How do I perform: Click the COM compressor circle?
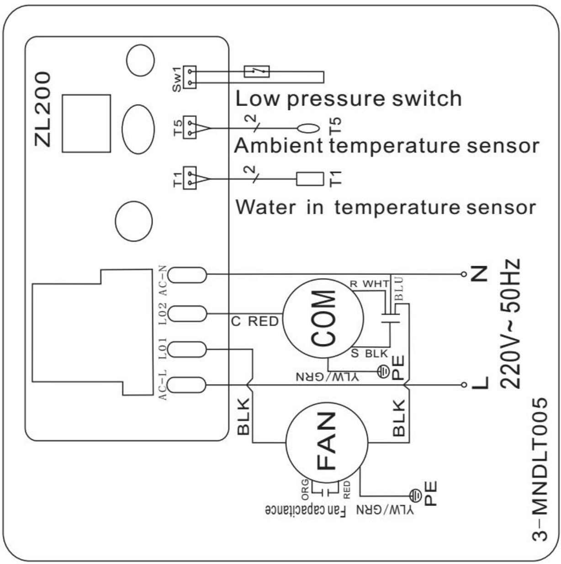(323, 318)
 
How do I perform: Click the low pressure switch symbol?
(257, 71)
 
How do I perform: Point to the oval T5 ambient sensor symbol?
(308, 128)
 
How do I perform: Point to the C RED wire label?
(254, 322)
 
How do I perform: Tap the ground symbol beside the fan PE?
(415, 495)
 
